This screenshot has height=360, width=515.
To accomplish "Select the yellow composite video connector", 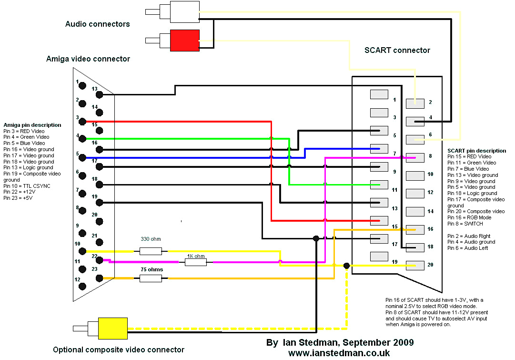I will [x=112, y=328].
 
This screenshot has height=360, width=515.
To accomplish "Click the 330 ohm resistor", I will [x=151, y=251].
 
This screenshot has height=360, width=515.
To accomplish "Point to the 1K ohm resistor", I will [x=195, y=261].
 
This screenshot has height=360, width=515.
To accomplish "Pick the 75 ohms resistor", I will [x=151, y=278].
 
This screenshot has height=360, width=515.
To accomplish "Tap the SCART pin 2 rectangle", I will [x=414, y=103].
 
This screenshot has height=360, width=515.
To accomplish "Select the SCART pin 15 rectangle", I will [x=379, y=220].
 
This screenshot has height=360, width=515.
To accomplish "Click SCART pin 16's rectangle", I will [x=414, y=229].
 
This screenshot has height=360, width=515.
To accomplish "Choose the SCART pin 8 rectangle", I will [x=414, y=157].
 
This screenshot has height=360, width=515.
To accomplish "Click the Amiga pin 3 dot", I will [x=82, y=122].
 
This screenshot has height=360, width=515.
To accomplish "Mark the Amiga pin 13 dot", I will [x=99, y=94].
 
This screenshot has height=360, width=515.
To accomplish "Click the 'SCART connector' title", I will [x=397, y=50].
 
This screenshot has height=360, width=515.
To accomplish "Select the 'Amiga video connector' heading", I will [x=88, y=59].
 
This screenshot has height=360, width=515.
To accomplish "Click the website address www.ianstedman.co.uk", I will [x=339, y=353].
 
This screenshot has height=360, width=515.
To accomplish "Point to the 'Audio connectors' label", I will [x=97, y=24].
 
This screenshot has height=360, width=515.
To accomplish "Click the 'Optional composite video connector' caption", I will [x=119, y=350].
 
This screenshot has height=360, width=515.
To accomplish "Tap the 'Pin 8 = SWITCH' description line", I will [x=465, y=224].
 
